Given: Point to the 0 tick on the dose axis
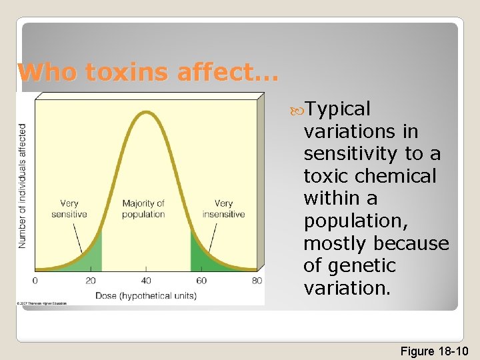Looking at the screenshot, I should [x=35, y=281].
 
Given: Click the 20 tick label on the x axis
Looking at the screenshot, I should [x=91, y=281].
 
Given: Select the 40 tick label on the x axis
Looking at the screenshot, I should [x=146, y=281].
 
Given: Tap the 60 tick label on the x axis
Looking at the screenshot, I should [x=201, y=281].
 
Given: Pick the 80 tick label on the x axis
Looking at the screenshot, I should [x=257, y=281].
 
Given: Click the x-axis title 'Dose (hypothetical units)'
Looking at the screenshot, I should [x=145, y=295].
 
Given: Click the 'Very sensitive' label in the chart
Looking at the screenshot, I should [x=69, y=209].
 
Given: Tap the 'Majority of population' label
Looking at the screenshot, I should [x=143, y=209].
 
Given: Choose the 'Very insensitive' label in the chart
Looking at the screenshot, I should [x=224, y=209].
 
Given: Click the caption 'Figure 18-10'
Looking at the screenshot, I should [x=435, y=351].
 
